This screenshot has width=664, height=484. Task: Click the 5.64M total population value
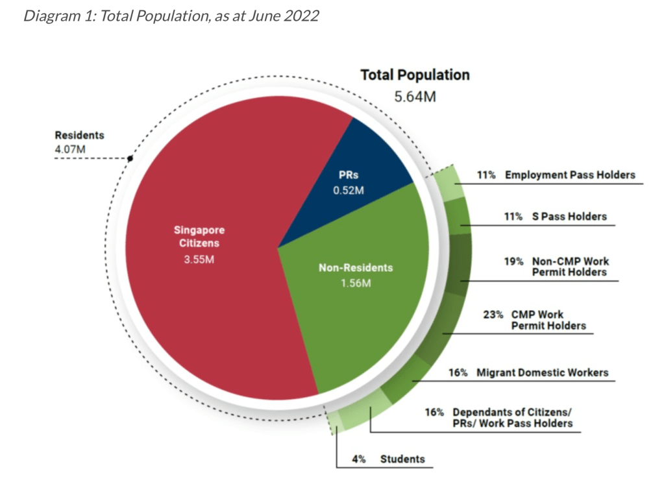click(x=415, y=97)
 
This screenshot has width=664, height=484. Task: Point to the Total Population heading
click(x=415, y=75)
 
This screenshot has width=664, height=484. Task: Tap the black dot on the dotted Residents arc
click(x=130, y=158)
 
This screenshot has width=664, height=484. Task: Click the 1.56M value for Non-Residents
click(x=356, y=283)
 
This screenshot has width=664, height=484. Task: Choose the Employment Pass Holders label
click(x=570, y=175)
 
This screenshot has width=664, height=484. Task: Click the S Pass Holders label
click(x=565, y=217)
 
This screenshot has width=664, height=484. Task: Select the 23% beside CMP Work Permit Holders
click(x=493, y=315)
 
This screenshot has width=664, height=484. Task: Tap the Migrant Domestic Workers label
click(x=543, y=372)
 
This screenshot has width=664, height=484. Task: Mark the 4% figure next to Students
click(x=359, y=459)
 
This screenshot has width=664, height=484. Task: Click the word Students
click(x=402, y=459)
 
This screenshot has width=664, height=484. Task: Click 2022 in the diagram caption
click(x=301, y=15)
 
